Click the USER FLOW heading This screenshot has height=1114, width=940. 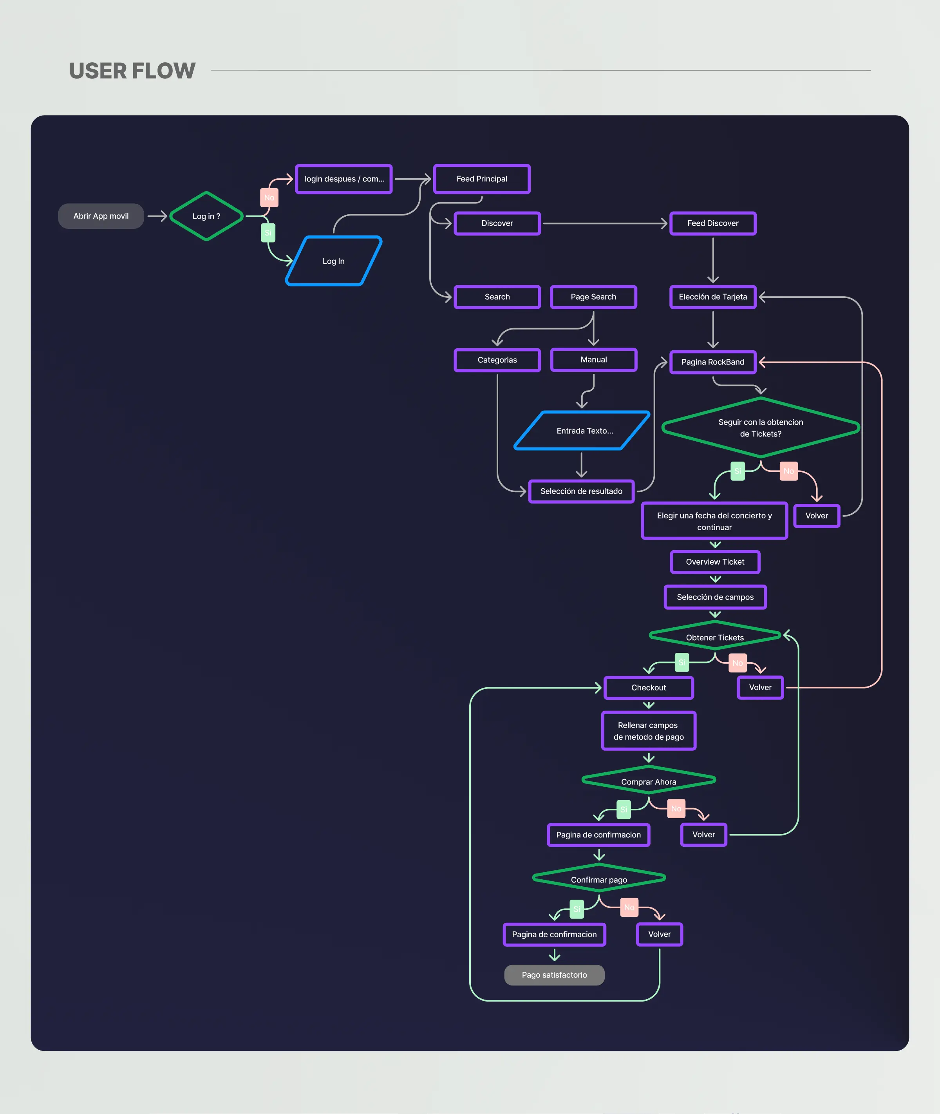click(132, 71)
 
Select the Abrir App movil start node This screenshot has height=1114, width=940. click(101, 216)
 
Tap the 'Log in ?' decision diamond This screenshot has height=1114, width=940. click(206, 216)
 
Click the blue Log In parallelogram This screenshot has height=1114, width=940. click(334, 261)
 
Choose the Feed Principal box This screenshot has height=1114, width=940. click(482, 179)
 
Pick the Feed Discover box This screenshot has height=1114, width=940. click(712, 223)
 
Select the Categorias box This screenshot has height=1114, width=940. click(497, 360)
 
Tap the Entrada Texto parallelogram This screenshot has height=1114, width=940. click(582, 431)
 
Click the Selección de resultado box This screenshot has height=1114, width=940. click(581, 491)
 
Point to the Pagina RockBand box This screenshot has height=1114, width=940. click(712, 362)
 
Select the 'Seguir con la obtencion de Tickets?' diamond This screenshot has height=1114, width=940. click(760, 427)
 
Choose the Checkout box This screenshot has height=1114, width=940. click(649, 688)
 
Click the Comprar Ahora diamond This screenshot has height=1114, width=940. click(649, 781)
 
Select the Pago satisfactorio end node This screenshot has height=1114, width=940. click(554, 975)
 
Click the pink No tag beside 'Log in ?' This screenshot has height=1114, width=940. click(269, 198)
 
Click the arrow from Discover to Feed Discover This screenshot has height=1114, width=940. click(604, 223)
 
